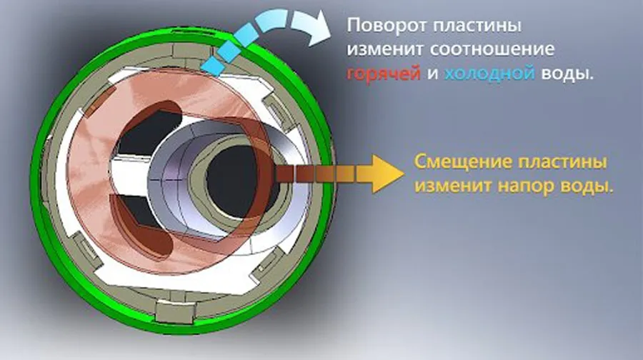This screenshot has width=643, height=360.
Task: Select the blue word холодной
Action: (489, 74)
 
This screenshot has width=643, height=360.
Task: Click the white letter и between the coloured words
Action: (432, 74)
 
